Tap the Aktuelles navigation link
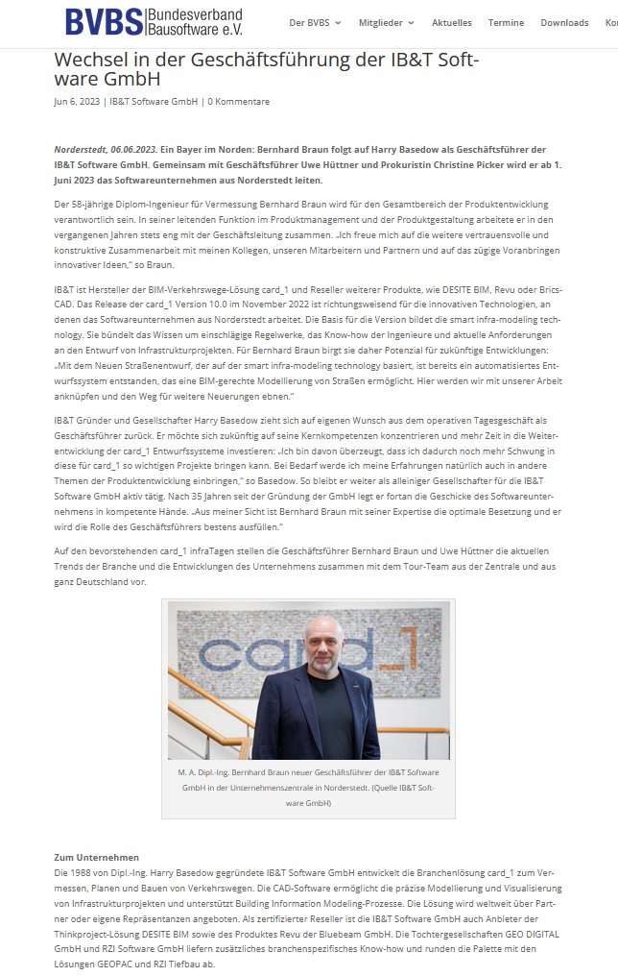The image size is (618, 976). coord(451,22)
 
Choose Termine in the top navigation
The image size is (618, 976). coord(506,22)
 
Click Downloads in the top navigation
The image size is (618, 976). coord(564,22)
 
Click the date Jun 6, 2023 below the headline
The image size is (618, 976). coord(76,102)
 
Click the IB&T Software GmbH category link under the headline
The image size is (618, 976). coord(154,102)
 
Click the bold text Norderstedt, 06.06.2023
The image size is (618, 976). coord(105,150)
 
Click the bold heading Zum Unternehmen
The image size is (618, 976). coord(96,857)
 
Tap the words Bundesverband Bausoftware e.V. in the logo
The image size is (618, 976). coord(194,21)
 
